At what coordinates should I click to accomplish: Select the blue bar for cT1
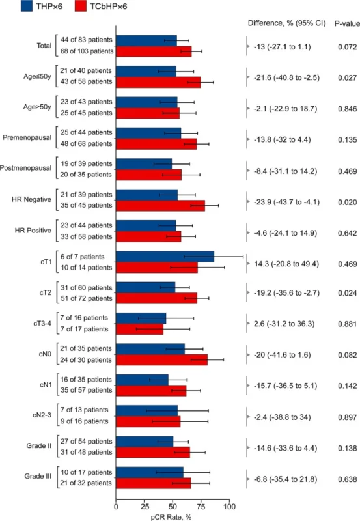click(165, 257)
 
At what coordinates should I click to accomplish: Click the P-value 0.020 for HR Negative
click(337, 201)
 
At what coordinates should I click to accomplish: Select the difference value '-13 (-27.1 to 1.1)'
click(283, 47)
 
